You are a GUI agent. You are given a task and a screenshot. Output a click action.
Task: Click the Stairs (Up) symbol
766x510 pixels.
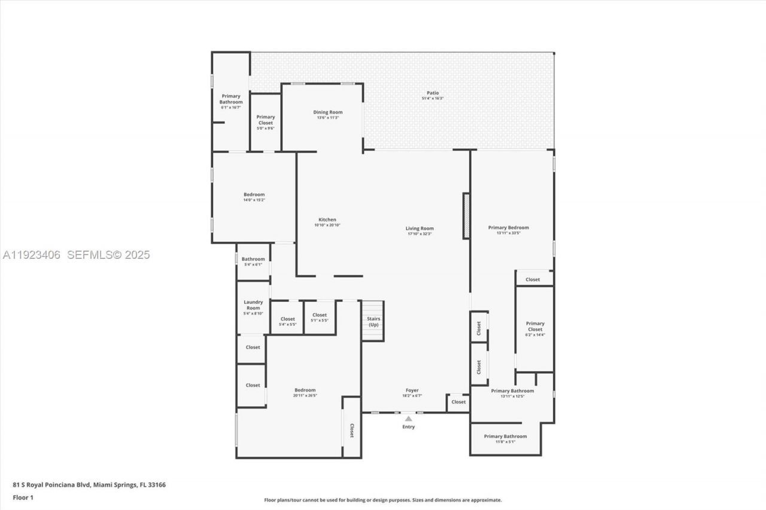(373, 321)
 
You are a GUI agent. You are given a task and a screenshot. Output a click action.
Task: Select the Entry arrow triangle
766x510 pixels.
(408, 419)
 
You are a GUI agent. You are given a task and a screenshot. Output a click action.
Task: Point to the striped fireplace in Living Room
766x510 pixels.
(466, 216)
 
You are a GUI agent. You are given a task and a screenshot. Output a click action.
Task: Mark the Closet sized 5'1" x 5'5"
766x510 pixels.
(320, 317)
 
